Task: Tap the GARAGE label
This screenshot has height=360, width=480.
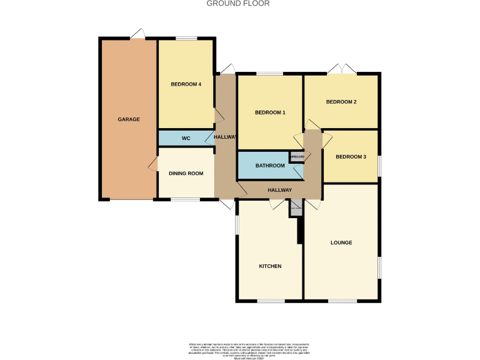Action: (129, 119)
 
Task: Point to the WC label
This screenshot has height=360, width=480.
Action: (186, 138)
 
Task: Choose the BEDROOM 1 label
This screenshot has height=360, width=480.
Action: (270, 113)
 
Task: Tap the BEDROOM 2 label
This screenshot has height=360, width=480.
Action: (341, 102)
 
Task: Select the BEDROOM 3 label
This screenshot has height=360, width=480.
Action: (350, 157)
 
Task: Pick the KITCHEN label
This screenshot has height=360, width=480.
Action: (270, 266)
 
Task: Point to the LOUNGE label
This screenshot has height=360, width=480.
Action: (341, 242)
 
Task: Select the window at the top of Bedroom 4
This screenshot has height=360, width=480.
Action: (186, 39)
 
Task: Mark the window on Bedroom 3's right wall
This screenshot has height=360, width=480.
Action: (379, 165)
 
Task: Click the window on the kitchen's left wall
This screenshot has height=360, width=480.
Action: (236, 226)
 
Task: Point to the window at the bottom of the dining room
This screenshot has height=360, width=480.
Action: (186, 200)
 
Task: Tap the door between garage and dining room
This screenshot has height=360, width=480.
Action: (153, 164)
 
